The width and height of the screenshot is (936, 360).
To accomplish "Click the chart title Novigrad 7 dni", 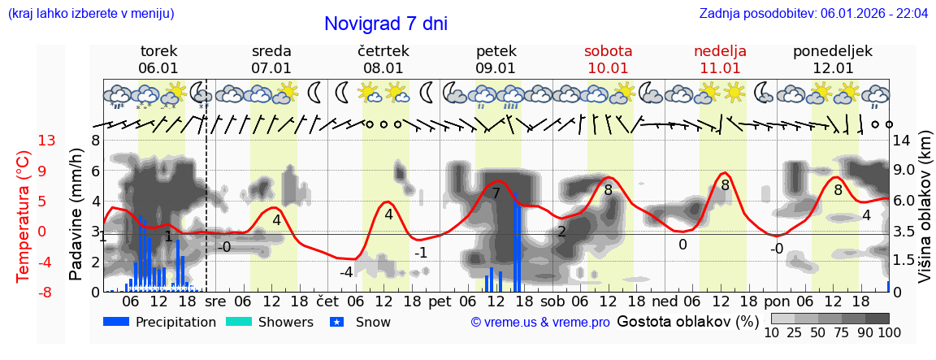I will [385, 24].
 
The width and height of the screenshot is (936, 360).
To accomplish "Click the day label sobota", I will [608, 51].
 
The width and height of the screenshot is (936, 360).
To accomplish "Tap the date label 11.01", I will [720, 68].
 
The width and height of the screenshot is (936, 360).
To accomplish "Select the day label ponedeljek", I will [833, 51].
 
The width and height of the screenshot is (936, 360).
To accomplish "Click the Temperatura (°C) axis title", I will [24, 215].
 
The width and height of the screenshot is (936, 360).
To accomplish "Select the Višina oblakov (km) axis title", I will [925, 215].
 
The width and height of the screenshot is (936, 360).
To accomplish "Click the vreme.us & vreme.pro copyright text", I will [540, 322].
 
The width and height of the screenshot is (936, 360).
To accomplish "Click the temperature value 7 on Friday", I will [496, 193].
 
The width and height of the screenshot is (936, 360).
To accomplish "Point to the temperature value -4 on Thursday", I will [345, 271].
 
